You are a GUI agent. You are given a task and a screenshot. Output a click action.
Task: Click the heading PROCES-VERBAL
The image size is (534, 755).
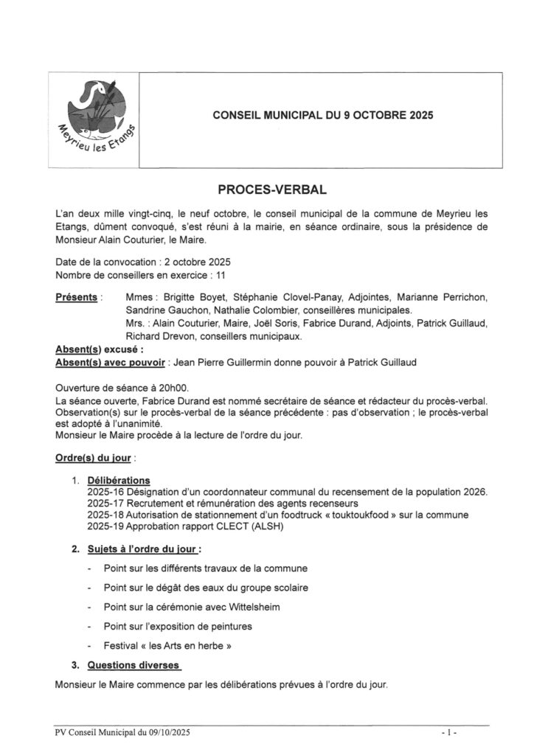point(266,190)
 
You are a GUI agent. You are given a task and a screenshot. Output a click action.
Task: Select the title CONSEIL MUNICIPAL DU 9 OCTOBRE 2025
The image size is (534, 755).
point(322,115)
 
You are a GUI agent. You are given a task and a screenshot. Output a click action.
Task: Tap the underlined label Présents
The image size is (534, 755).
point(77,297)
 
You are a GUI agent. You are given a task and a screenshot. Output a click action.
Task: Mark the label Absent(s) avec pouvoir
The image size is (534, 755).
point(111,361)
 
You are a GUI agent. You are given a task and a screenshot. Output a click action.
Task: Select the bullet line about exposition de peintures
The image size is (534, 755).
point(178,626)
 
